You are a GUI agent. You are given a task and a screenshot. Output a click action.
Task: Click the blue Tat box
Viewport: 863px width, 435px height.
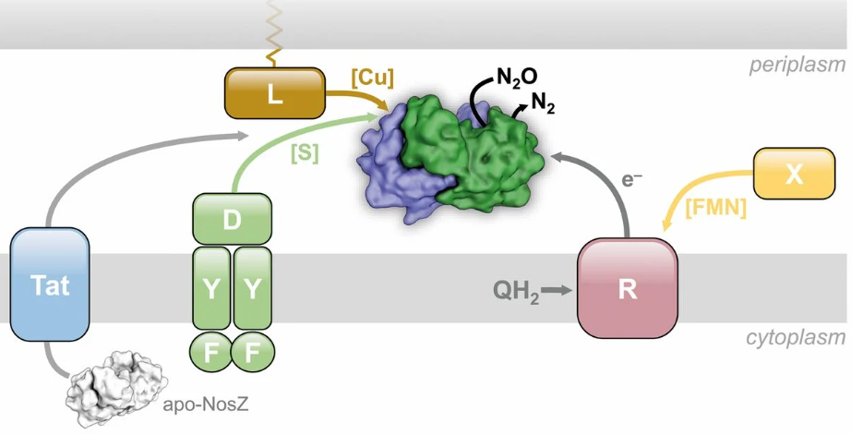pos(50,285)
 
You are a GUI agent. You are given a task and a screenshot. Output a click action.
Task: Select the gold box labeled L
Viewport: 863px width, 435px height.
pos(274,92)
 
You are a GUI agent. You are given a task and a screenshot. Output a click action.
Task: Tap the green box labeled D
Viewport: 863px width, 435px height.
pos(232,219)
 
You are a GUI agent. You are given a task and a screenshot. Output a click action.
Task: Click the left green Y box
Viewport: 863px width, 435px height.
pos(211,288)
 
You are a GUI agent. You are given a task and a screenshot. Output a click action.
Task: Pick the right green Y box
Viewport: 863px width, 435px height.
pos(252,288)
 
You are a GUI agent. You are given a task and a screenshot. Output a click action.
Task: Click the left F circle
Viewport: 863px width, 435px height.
pos(210,352)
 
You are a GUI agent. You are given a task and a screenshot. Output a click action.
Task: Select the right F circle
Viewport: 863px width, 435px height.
pos(252,352)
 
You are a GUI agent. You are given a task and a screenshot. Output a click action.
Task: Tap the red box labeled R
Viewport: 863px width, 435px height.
pos(628,288)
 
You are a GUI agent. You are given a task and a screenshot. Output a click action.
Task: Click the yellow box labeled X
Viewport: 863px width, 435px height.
pos(794,174)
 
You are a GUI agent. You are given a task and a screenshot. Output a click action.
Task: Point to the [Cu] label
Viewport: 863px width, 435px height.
pos(372,79)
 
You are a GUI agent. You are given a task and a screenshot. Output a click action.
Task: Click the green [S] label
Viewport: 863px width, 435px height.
pos(304,154)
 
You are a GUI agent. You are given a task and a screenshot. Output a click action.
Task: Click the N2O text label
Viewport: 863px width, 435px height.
pos(516,78)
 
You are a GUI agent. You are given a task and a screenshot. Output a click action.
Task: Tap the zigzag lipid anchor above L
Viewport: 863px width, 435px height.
pos(274,32)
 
